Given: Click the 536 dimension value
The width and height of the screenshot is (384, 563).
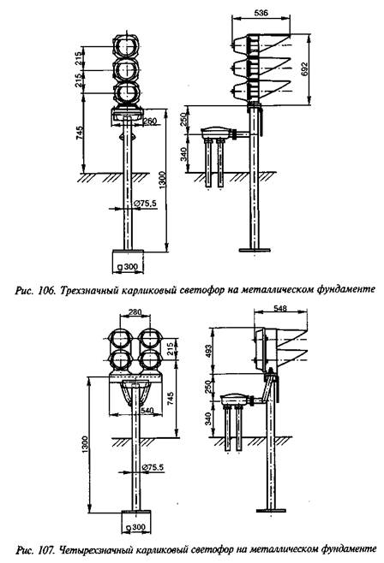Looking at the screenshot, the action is coord(261,13).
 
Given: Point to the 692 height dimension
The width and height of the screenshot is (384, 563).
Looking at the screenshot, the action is coord(304,69).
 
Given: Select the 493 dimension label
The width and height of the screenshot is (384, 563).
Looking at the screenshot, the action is coord(208,352).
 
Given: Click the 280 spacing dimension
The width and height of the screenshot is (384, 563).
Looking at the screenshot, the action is coord(135,311).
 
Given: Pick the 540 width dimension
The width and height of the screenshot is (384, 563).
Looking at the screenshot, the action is coord(147,410).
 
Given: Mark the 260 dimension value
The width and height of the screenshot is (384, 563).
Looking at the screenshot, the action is coord(150,121).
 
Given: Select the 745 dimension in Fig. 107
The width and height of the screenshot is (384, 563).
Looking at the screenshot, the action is coord(170,399).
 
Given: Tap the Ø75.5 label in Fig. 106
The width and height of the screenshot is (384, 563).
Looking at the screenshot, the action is coord(146,204).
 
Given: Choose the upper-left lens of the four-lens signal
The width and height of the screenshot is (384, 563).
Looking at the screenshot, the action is coord(121,338).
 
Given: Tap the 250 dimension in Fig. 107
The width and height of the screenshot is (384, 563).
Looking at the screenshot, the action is coord(208,387).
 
